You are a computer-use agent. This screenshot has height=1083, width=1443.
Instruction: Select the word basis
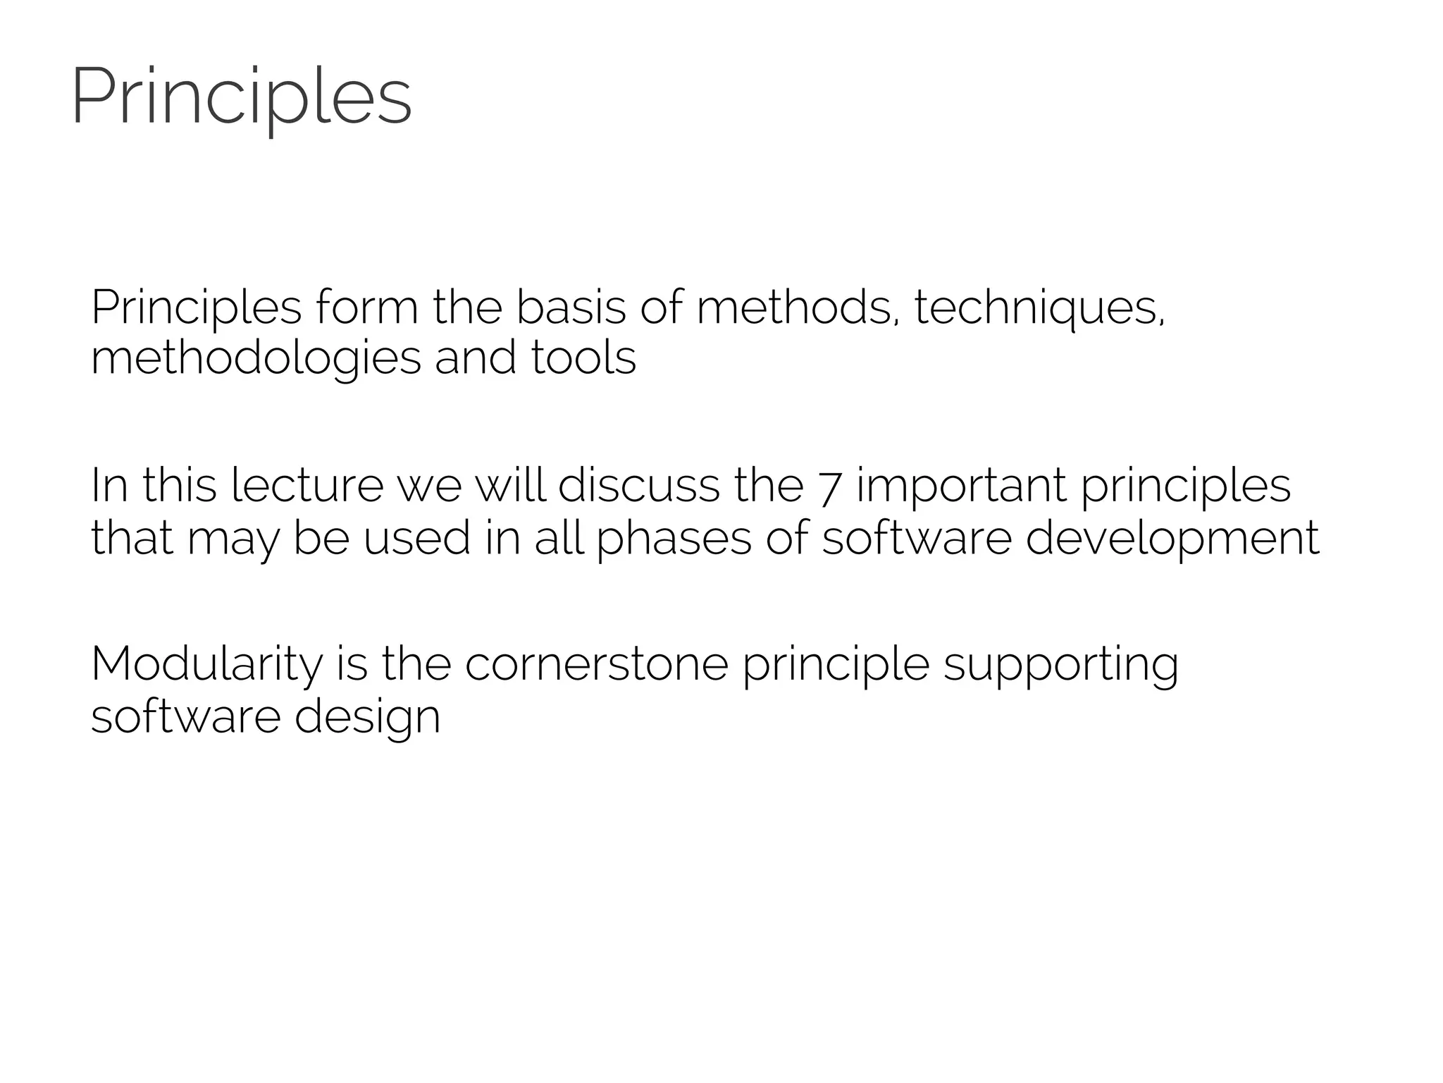(x=571, y=307)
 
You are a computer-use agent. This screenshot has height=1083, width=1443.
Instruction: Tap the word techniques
(x=1039, y=309)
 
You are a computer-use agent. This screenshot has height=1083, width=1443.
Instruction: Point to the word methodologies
(x=256, y=358)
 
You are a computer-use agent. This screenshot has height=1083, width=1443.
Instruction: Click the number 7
(x=830, y=487)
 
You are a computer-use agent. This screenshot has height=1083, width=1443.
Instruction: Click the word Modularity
(x=206, y=666)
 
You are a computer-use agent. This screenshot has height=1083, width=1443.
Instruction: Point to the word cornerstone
(x=596, y=664)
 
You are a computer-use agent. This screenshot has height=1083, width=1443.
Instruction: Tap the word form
(x=366, y=307)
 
